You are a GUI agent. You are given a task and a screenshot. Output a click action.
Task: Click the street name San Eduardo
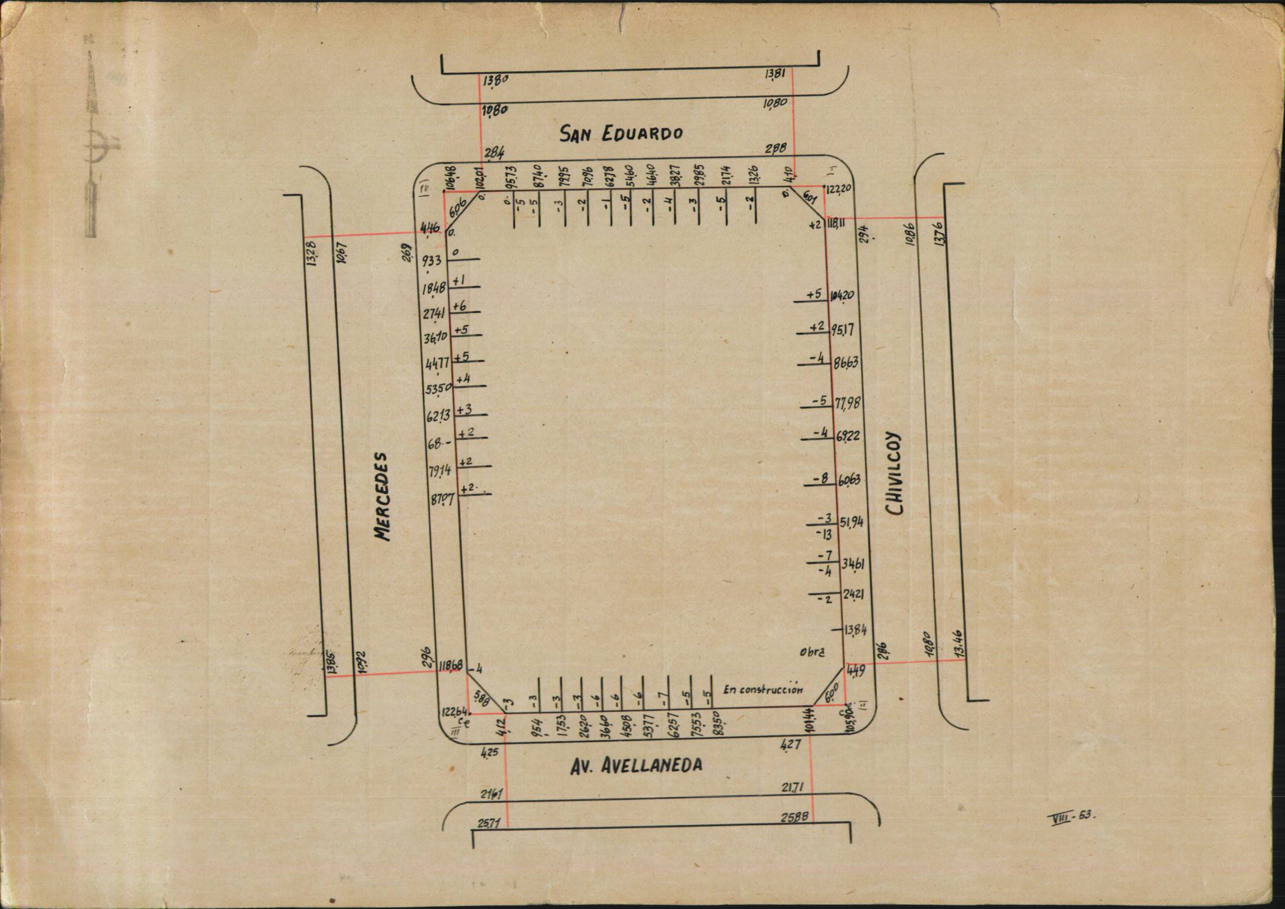pyautogui.click(x=621, y=133)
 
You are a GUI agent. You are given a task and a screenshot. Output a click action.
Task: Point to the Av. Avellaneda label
pyautogui.click(x=636, y=766)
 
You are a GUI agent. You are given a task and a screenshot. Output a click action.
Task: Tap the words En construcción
pyautogui.click(x=763, y=689)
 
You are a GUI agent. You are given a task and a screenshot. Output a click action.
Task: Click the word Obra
pyautogui.click(x=811, y=652)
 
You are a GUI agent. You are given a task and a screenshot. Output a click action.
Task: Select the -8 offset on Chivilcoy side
pyautogui.click(x=821, y=478)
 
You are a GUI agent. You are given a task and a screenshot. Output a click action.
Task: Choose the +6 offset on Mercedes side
pyautogui.click(x=459, y=306)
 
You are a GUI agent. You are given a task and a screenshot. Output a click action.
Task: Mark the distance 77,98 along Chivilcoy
pyautogui.click(x=847, y=403)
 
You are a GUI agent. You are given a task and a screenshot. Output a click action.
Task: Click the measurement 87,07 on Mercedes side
pyautogui.click(x=442, y=499)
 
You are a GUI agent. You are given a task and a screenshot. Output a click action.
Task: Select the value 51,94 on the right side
pyautogui.click(x=852, y=522)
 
